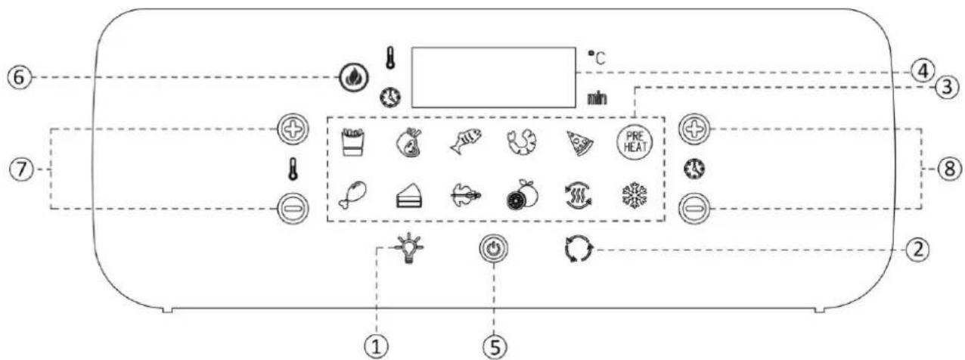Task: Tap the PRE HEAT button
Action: click(x=635, y=141)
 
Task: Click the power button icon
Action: click(x=494, y=249)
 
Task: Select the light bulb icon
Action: click(x=408, y=248)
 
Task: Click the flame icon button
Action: click(x=354, y=78)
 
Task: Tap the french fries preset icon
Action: click(x=353, y=141)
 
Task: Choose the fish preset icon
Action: click(x=465, y=141)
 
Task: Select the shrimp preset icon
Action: click(x=522, y=141)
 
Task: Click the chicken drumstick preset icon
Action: click(x=353, y=194)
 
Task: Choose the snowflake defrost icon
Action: click(x=635, y=197)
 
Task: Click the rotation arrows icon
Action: click(x=579, y=249)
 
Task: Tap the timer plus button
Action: click(x=694, y=129)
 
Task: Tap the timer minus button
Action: click(x=693, y=209)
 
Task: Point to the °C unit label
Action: click(x=597, y=57)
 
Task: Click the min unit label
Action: click(x=597, y=99)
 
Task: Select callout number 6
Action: click(x=20, y=78)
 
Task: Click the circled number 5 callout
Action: click(x=495, y=346)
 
